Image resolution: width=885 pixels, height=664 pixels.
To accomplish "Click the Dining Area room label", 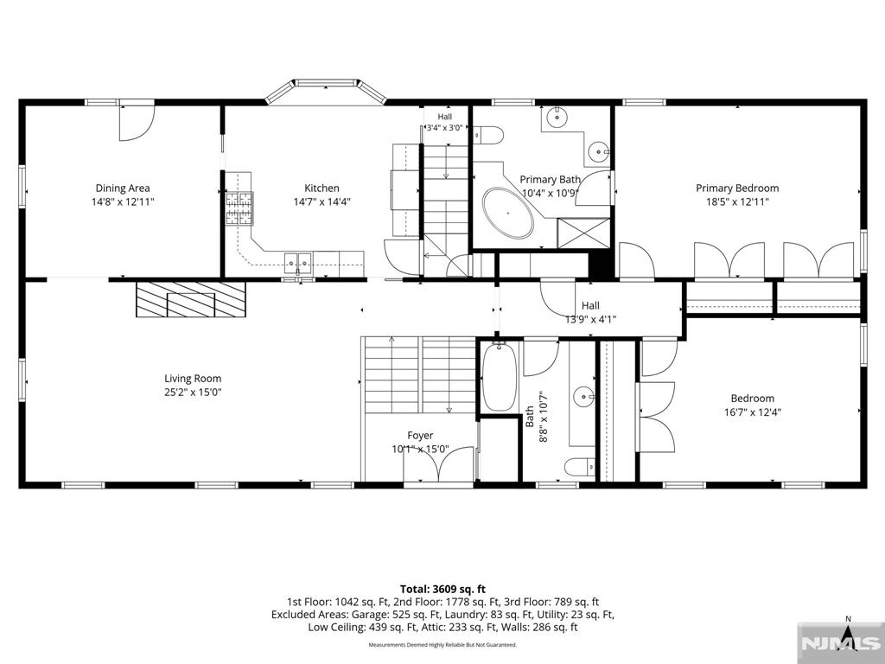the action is (123, 188).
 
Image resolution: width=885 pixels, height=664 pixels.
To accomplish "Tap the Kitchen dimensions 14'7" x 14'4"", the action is (322, 201).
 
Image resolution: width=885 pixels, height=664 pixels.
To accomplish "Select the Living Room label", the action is (193, 379).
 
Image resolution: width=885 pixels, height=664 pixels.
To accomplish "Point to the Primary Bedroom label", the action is (737, 188).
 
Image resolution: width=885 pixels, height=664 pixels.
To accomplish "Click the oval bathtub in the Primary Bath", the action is (508, 213).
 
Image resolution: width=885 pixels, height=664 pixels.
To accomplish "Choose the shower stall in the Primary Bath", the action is (583, 233).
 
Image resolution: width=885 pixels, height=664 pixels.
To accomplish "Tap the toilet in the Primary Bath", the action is (488, 136).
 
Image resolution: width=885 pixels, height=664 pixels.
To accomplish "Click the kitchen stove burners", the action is (240, 208).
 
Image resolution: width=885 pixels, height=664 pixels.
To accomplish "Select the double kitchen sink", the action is (298, 263).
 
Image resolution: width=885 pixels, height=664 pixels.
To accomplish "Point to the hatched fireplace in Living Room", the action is (191, 299).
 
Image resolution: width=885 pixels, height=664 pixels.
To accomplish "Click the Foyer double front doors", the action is (438, 465).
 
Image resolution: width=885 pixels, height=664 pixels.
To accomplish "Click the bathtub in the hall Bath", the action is (499, 376).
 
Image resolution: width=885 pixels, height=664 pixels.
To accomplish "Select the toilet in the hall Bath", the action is (580, 467).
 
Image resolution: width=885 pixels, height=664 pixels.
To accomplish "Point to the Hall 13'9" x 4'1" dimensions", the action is (591, 319).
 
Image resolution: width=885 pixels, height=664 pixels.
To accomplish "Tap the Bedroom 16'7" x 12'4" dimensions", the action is (753, 412).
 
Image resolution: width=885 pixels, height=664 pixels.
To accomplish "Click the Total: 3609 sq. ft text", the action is (442, 590).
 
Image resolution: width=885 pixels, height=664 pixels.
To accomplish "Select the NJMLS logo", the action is (840, 643).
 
